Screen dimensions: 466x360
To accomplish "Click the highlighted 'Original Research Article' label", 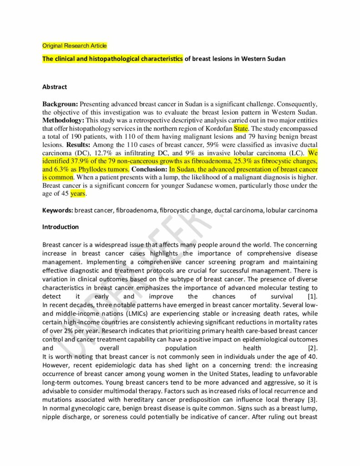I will [75, 46].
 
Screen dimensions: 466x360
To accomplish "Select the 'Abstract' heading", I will [55, 86].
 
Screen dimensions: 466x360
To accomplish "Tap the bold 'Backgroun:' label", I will [63, 104].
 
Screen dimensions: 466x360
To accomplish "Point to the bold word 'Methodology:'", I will [63, 120].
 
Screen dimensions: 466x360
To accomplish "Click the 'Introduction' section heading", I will [61, 227].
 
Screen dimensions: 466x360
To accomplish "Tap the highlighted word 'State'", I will [241, 128].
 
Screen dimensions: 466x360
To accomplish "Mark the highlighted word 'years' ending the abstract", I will [78, 194].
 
